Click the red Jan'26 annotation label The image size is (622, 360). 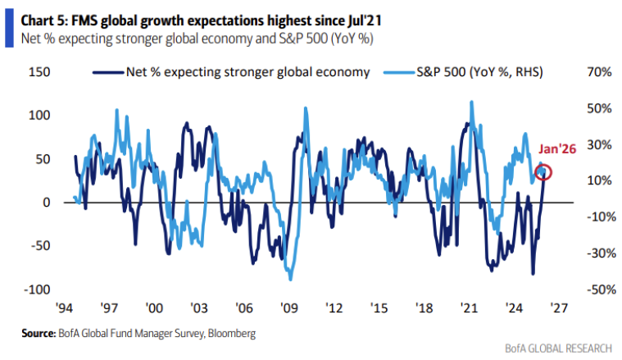(558, 149)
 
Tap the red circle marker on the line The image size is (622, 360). (543, 172)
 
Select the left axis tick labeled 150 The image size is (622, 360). (40, 73)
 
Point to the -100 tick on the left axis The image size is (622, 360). (38, 289)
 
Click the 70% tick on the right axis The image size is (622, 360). (599, 73)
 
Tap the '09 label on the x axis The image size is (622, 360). (288, 309)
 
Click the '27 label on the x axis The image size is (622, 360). (559, 309)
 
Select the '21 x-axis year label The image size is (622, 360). (469, 309)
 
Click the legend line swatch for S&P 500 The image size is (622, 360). (401, 73)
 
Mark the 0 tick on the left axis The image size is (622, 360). (46, 203)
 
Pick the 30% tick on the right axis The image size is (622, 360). (599, 145)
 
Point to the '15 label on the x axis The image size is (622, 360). (379, 309)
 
